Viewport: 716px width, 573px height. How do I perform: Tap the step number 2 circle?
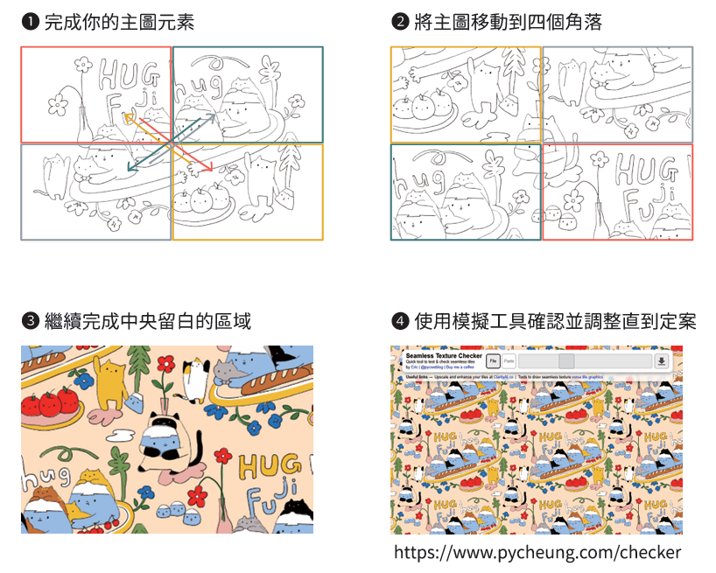pyautogui.click(x=399, y=23)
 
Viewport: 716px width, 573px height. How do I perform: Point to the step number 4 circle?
pyautogui.click(x=399, y=322)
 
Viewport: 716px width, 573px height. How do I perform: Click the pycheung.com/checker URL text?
pyautogui.click(x=537, y=552)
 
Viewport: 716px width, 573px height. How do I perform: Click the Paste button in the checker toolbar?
pyautogui.click(x=509, y=361)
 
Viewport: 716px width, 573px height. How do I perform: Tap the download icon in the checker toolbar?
pyautogui.click(x=661, y=361)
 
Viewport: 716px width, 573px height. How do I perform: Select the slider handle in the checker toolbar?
pyautogui.click(x=566, y=361)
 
